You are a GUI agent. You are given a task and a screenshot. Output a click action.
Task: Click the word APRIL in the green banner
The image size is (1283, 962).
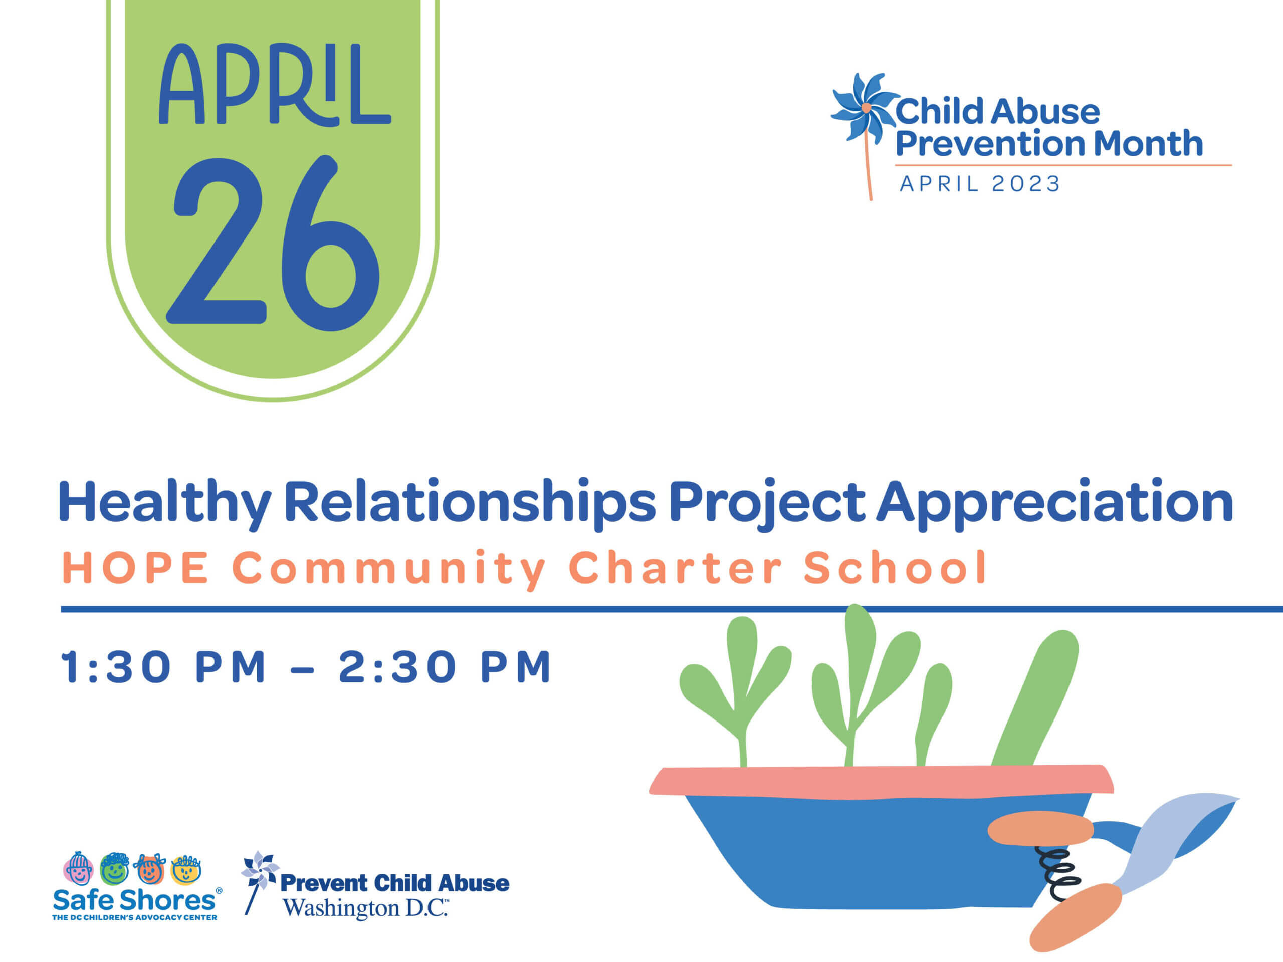click(x=275, y=84)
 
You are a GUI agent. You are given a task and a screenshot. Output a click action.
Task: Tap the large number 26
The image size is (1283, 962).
click(x=273, y=243)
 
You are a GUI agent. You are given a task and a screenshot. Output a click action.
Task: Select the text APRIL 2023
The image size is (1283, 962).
click(x=980, y=184)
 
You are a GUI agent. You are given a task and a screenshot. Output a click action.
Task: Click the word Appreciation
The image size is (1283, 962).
click(x=1054, y=503)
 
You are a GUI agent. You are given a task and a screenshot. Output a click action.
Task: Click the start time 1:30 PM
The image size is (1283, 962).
click(x=163, y=667)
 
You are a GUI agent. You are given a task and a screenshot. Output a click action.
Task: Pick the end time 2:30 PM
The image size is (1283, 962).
click(x=445, y=667)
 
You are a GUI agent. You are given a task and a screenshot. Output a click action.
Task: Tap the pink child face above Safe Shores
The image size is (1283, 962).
click(x=78, y=868)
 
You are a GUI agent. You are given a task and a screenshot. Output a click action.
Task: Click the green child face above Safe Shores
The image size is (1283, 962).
click(x=114, y=868)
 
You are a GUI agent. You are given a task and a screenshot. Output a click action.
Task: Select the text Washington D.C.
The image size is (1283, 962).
click(x=365, y=908)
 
